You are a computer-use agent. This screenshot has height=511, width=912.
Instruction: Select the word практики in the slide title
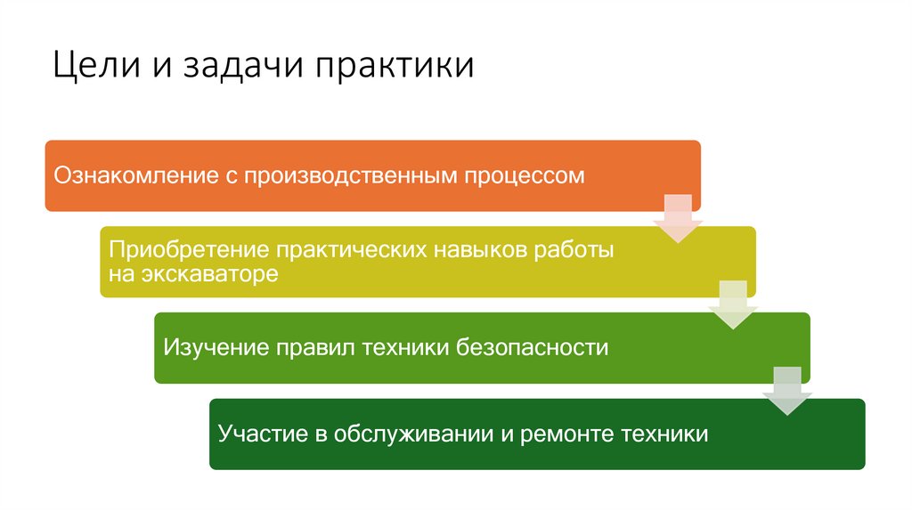point(392,68)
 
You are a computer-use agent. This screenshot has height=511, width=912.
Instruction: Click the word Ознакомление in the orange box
point(133,175)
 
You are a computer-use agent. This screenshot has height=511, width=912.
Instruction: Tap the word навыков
point(481,251)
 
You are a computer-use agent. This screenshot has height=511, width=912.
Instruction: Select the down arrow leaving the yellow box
point(733,304)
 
